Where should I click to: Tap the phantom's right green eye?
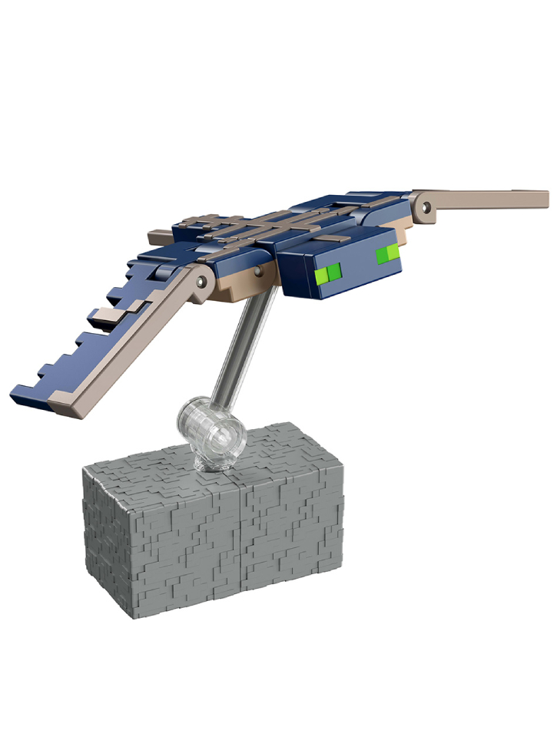(387, 253)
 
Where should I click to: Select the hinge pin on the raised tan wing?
(424, 203)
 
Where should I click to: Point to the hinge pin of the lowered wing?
(202, 282)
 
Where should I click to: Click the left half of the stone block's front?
(165, 553)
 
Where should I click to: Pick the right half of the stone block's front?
(292, 545)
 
